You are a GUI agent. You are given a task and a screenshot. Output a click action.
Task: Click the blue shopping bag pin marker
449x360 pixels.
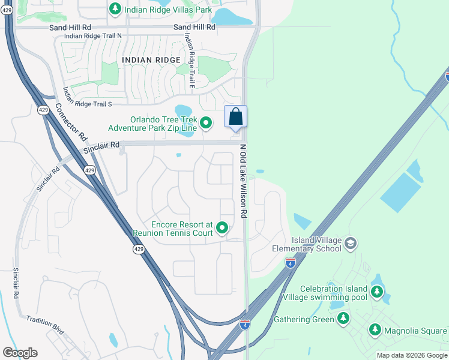(235, 117)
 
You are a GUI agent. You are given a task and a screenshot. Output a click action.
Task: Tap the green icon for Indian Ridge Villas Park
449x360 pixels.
(115, 9)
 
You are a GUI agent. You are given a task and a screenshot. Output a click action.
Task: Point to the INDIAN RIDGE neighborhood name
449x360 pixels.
(151, 60)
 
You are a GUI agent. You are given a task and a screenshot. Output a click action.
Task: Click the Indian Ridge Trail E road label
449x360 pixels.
(190, 61)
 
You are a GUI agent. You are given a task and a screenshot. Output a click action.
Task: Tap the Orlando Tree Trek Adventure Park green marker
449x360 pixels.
(206, 123)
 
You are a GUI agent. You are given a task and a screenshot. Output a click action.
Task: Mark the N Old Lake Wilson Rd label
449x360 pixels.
(243, 181)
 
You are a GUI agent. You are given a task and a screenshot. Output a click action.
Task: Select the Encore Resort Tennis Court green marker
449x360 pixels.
(222, 227)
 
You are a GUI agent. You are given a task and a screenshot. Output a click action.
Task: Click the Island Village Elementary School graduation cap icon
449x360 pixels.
(351, 243)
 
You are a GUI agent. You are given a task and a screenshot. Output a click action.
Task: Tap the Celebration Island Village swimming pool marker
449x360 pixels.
(376, 292)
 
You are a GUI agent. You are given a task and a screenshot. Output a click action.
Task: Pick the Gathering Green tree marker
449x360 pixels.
(344, 319)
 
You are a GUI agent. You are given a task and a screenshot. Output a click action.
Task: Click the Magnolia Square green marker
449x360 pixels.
(375, 330)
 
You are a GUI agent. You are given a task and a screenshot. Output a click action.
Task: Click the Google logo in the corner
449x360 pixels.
(20, 353)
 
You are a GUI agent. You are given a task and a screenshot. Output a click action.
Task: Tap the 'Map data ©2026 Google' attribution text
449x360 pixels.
(412, 355)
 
